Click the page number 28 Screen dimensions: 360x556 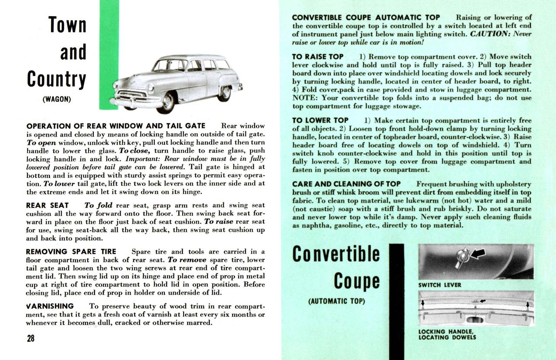pyautogui.click(x=31, y=339)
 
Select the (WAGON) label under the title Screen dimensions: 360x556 pyautogui.click(x=57, y=99)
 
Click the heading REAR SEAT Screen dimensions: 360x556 pyautogui.click(x=48, y=205)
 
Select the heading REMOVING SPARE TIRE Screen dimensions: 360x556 pyautogui.click(x=71, y=252)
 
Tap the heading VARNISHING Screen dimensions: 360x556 pyautogui.click(x=50, y=306)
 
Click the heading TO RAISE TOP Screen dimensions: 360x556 pyautogui.click(x=318, y=57)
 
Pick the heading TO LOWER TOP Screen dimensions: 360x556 pyautogui.click(x=320, y=120)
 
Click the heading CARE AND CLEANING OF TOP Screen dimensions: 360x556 pyautogui.click(x=346, y=184)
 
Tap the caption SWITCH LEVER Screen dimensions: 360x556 pyautogui.click(x=440, y=285)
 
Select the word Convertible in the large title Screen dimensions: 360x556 pyautogui.click(x=336, y=255)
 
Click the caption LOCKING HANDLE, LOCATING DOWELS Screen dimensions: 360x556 pyautogui.click(x=447, y=334)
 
